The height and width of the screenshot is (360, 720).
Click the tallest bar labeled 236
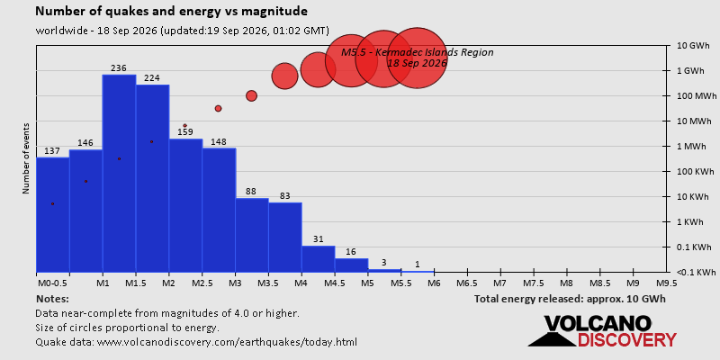point(119,173)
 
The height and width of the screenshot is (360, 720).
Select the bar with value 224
point(152,178)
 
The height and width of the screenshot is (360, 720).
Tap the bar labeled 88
point(252,235)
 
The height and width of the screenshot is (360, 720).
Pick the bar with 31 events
point(319,259)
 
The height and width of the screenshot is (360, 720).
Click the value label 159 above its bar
point(185,132)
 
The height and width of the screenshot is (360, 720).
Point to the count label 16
point(352,252)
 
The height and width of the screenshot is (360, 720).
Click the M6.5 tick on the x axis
point(467,283)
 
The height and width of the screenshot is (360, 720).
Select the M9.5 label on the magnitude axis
point(667,283)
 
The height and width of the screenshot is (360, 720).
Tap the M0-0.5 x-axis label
point(52,283)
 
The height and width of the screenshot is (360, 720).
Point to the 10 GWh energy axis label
point(693,46)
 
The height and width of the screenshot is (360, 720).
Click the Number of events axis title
point(26,158)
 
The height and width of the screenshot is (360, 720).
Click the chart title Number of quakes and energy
point(172,12)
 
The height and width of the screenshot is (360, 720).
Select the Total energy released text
point(570,300)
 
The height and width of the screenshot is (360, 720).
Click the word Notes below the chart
point(52,300)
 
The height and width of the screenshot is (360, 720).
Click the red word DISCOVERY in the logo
point(626,340)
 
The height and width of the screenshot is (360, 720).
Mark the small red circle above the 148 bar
point(218,108)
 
